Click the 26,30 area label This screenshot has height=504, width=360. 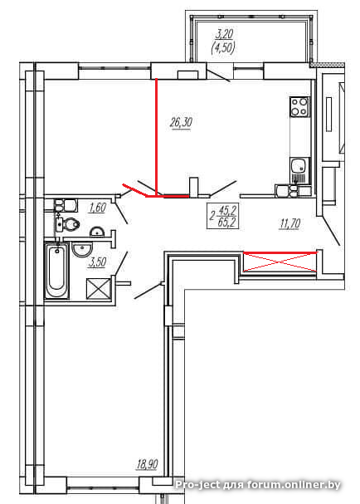pyautogui.click(x=181, y=123)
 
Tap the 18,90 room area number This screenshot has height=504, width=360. pyautogui.click(x=148, y=464)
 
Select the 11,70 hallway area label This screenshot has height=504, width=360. pyautogui.click(x=290, y=223)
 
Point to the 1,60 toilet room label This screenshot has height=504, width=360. pyautogui.click(x=97, y=208)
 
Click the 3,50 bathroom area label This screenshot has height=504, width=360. pyautogui.click(x=97, y=262)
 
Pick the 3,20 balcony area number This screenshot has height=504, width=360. pyautogui.click(x=223, y=34)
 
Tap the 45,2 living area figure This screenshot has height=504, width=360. pyautogui.click(x=227, y=211)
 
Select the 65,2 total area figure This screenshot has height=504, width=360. pyautogui.click(x=227, y=222)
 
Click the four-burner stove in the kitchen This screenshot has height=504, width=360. pyautogui.click(x=299, y=107)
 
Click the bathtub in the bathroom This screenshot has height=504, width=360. pyautogui.click(x=57, y=271)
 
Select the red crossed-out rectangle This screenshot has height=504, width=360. pyautogui.click(x=280, y=262)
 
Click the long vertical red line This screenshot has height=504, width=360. pyautogui.click(x=156, y=137)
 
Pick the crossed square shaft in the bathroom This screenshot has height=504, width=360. pyautogui.click(x=99, y=289)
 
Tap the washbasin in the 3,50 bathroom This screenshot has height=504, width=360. pyautogui.click(x=82, y=250)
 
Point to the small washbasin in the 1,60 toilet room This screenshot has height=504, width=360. pyautogui.click(x=96, y=232)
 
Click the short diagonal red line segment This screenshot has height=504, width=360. pyautogui.click(x=135, y=190)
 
